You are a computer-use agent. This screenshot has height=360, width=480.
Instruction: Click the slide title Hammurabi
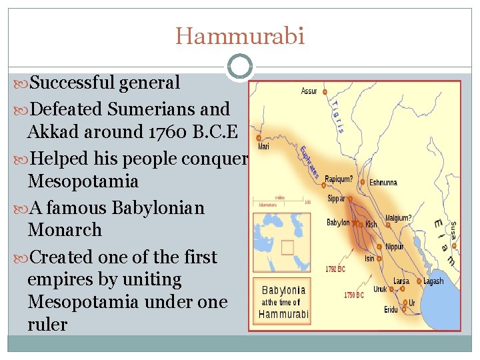click(x=240, y=35)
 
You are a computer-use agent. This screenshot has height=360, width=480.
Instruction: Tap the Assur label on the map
click(x=308, y=91)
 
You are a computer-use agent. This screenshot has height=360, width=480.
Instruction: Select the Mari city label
click(x=263, y=146)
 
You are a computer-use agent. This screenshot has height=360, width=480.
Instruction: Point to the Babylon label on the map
click(x=338, y=223)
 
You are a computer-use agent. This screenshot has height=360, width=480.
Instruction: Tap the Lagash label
click(x=433, y=281)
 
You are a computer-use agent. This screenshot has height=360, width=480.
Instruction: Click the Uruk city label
click(x=379, y=289)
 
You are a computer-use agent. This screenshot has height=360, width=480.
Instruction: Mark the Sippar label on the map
click(x=335, y=199)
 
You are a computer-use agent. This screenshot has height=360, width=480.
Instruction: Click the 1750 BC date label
click(x=353, y=295)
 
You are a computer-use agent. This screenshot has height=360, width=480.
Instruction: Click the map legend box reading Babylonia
click(x=284, y=301)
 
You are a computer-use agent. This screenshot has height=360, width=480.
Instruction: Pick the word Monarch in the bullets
click(x=65, y=230)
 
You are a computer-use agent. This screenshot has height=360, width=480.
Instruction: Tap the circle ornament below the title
click(x=239, y=67)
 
